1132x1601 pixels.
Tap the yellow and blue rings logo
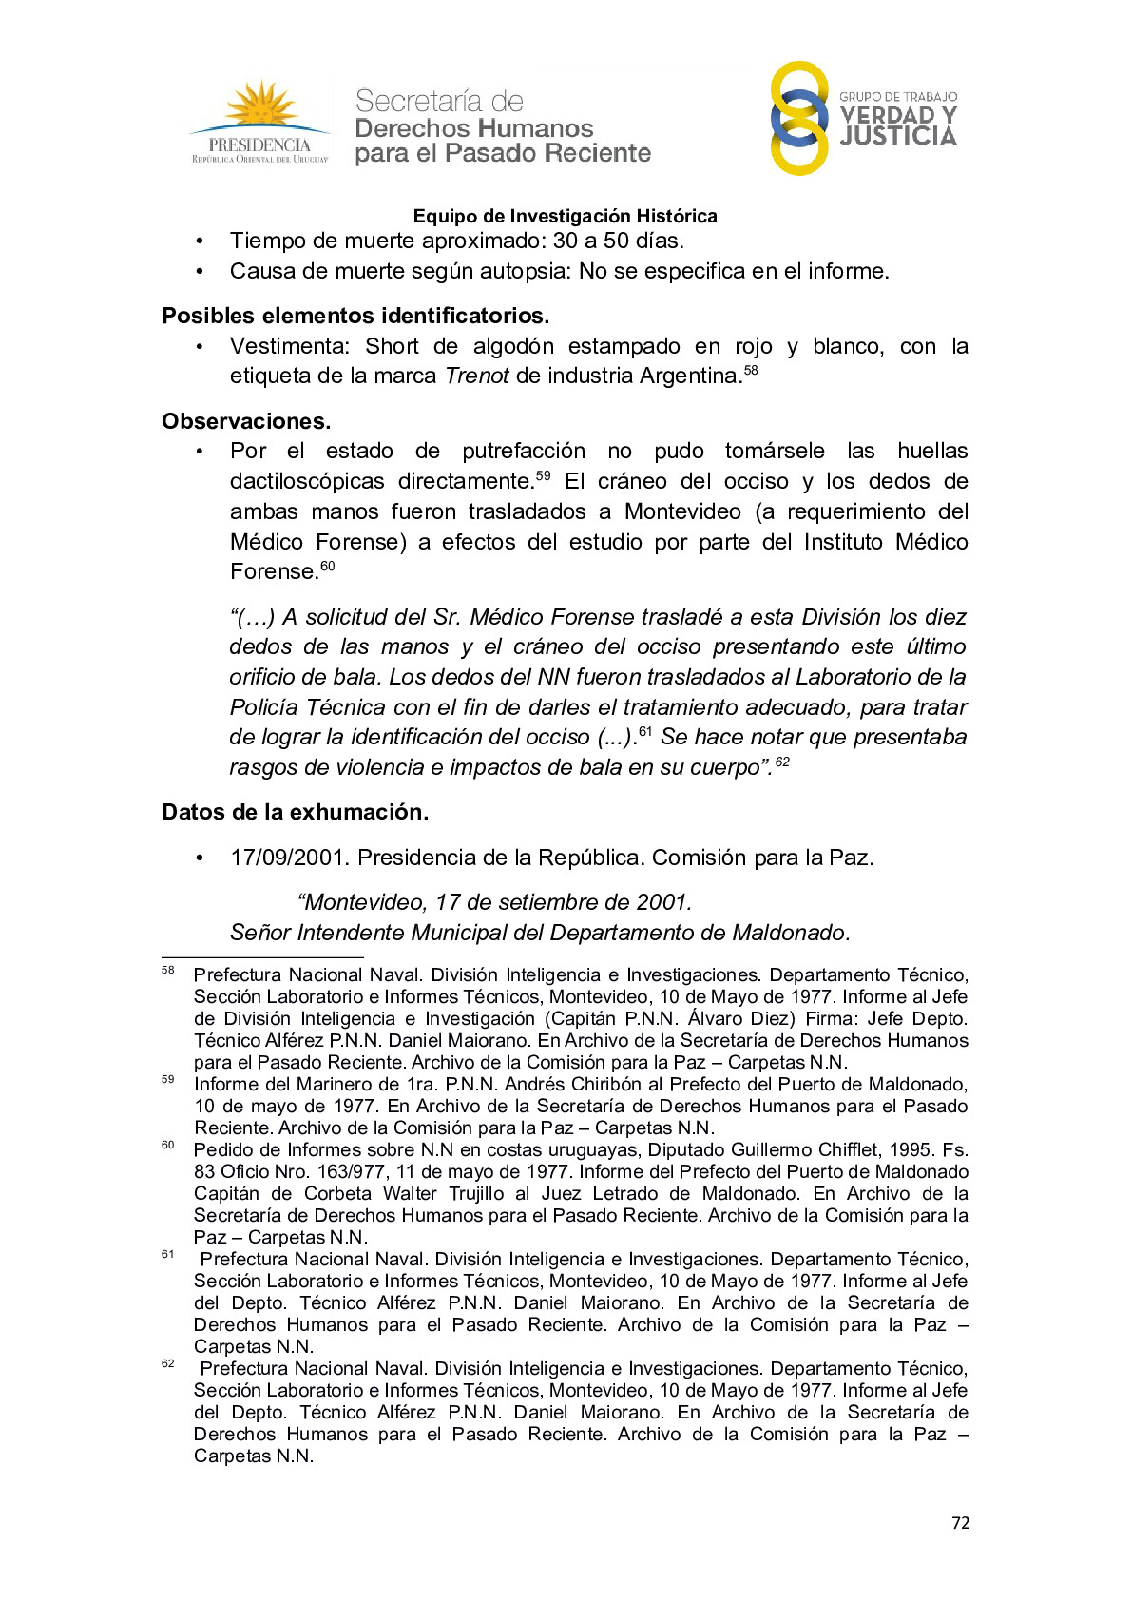pyautogui.click(x=799, y=119)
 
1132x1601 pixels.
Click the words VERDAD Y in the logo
pyautogui.click(x=898, y=115)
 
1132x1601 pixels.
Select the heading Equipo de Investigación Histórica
pyautogui.click(x=565, y=216)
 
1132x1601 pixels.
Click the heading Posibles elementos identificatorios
pyautogui.click(x=355, y=316)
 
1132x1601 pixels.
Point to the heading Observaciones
pyautogui.click(x=246, y=421)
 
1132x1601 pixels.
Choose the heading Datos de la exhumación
pyautogui.click(x=295, y=812)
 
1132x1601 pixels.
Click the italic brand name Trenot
pyautogui.click(x=477, y=376)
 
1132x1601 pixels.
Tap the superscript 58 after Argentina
pyautogui.click(x=751, y=370)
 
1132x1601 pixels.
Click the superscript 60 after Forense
pyautogui.click(x=327, y=566)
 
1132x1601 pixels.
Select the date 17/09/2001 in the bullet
pyautogui.click(x=286, y=858)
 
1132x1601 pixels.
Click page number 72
pyautogui.click(x=960, y=1523)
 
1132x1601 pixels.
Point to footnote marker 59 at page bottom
pyautogui.click(x=168, y=1079)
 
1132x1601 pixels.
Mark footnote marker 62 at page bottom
pyautogui.click(x=168, y=1363)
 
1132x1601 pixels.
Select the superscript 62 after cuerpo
pyautogui.click(x=782, y=762)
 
